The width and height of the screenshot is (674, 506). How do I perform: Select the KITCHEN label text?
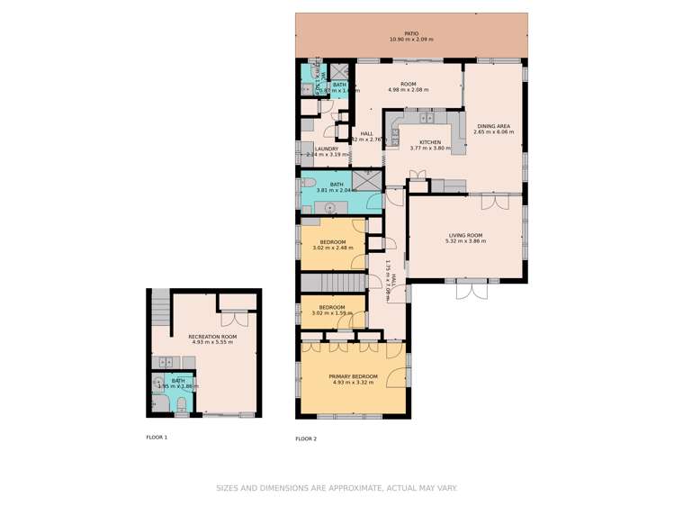(430, 142)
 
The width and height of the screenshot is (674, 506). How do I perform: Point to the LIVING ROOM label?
(467, 236)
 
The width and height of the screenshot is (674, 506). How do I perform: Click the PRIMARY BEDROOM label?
(353, 375)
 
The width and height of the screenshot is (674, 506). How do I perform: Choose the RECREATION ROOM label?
(211, 337)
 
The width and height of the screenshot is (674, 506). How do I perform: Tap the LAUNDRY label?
(326, 149)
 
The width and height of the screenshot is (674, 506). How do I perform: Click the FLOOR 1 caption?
(157, 437)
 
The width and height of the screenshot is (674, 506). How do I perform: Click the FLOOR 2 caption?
(306, 438)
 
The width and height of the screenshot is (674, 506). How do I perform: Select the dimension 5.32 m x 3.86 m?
(467, 242)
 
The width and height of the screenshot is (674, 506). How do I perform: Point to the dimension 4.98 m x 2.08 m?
(408, 90)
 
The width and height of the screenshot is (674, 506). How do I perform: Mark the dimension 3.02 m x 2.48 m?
(332, 248)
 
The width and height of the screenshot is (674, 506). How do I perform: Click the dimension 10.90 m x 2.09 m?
(411, 40)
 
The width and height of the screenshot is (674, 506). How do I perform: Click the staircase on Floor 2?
(333, 282)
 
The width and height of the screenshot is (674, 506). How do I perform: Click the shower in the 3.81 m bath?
(366, 179)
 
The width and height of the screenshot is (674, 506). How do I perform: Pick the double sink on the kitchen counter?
(426, 117)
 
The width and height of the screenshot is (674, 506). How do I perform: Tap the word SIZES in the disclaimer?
(227, 488)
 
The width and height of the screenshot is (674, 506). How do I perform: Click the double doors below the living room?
(471, 290)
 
